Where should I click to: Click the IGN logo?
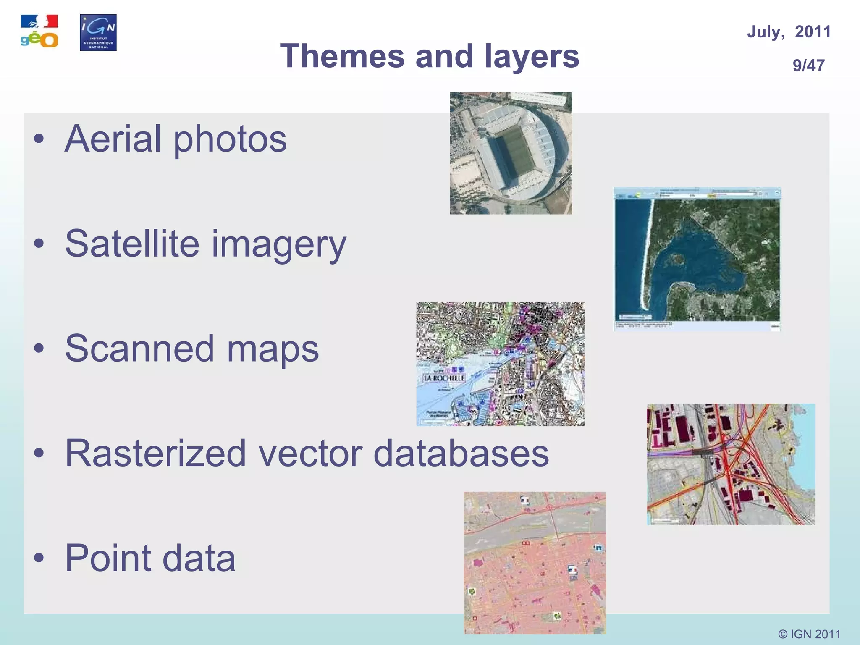(x=98, y=32)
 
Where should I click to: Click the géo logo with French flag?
(x=39, y=31)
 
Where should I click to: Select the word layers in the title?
(x=532, y=57)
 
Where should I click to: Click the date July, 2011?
(x=789, y=32)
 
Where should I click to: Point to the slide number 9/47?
(x=808, y=66)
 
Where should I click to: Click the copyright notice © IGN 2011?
(x=809, y=634)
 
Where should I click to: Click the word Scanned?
(x=139, y=349)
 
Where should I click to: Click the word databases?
(x=461, y=454)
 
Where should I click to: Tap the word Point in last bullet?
(x=107, y=558)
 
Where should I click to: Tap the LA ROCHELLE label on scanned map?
(x=444, y=378)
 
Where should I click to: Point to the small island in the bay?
(x=676, y=259)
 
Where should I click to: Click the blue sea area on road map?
(x=804, y=454)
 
